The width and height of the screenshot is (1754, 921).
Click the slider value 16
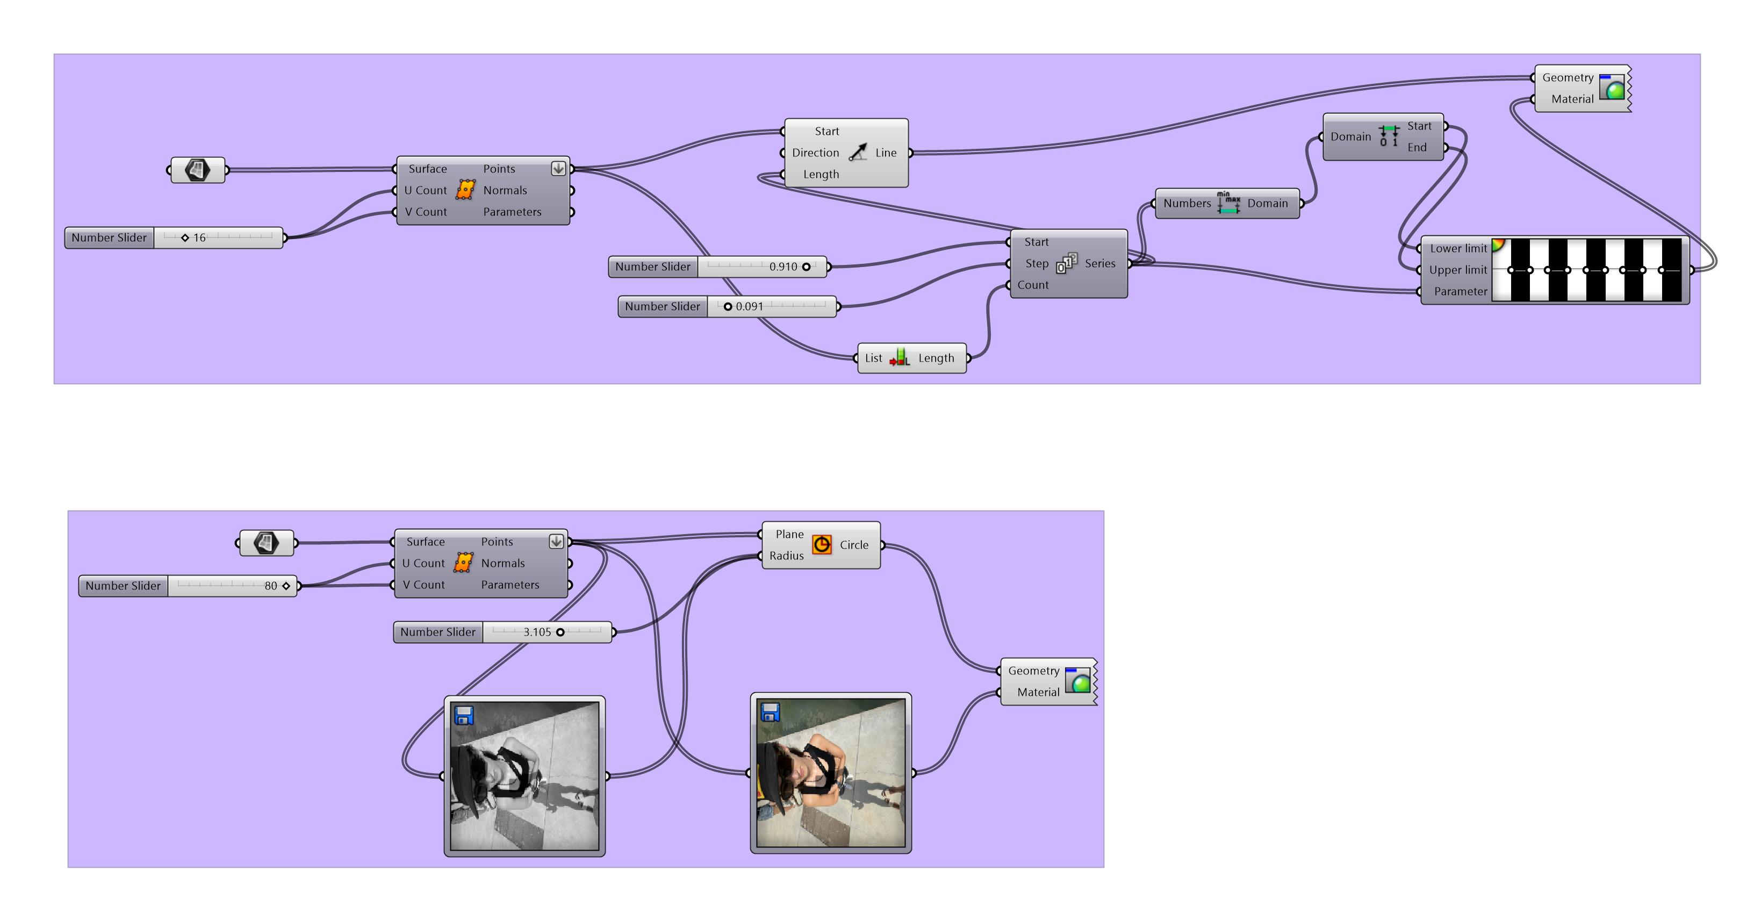[199, 238]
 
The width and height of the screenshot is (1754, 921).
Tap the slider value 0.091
[749, 306]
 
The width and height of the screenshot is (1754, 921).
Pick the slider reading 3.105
[537, 632]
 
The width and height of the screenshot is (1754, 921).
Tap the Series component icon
[1066, 263]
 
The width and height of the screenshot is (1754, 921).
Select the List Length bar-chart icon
[900, 358]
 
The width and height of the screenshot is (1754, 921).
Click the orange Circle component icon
[822, 544]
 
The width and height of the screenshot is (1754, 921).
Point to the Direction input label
[815, 153]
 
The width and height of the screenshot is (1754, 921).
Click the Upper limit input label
[1458, 270]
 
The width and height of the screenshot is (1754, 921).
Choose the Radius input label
[786, 556]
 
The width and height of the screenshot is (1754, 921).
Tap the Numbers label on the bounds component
[1187, 204]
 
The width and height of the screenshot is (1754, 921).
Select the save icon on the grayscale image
[464, 715]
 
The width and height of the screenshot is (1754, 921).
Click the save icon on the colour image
[770, 712]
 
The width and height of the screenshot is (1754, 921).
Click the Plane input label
[789, 534]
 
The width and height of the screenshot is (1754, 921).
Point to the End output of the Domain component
[1417, 148]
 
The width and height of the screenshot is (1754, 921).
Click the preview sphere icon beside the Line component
[1612, 88]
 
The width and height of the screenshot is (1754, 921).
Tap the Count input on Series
[1033, 285]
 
